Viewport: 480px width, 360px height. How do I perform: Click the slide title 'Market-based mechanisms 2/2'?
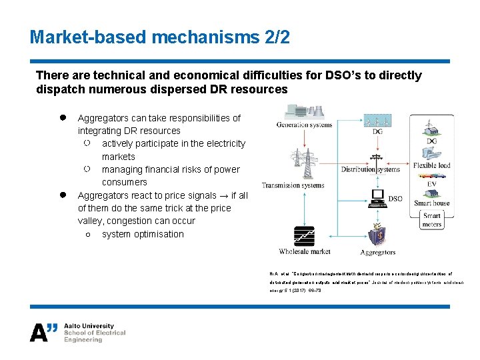pos(160,37)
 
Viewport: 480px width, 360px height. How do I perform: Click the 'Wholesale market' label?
pos(304,251)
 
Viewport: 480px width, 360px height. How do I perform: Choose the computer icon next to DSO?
pos(378,197)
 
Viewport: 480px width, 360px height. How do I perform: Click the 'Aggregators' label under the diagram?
pos(378,252)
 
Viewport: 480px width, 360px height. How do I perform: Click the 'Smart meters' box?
pos(432,220)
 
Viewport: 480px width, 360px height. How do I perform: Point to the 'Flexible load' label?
pos(431,165)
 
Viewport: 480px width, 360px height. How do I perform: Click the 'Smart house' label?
pos(432,203)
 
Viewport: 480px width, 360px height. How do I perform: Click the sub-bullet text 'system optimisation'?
pos(143,234)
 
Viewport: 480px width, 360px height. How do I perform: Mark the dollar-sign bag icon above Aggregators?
pos(377,235)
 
